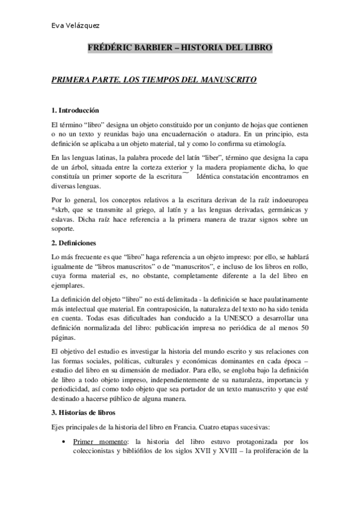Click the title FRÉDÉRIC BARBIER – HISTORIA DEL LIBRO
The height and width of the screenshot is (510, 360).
tap(180, 47)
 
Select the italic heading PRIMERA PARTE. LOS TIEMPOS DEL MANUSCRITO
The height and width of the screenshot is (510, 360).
tap(154, 79)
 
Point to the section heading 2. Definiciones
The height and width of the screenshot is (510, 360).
tap(73, 243)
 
